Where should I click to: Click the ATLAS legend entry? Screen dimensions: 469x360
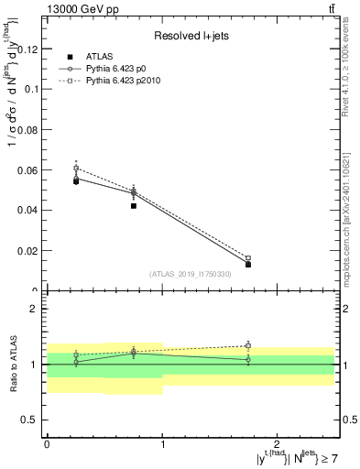pyautogui.click(x=101, y=57)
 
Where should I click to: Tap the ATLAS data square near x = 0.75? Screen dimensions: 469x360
pyautogui.click(x=134, y=206)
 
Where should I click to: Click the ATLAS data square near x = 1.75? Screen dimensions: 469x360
pyautogui.click(x=248, y=264)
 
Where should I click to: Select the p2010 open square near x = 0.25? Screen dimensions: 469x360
pyautogui.click(x=76, y=169)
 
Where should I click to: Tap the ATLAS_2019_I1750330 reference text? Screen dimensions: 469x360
pyautogui.click(x=191, y=274)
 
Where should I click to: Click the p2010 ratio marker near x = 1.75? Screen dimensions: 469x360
pyautogui.click(x=248, y=345)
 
